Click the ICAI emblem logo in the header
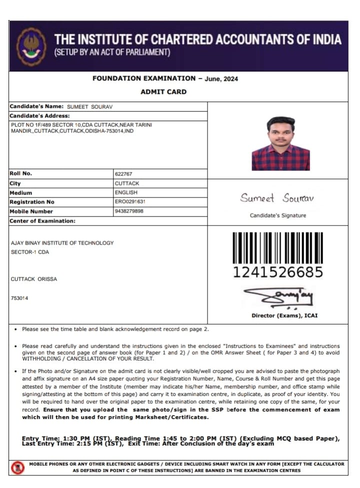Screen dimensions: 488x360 31,46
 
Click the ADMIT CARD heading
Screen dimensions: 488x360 163,92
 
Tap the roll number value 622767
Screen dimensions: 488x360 123,174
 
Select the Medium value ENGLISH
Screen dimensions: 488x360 126,192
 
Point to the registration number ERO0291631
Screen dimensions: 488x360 130,202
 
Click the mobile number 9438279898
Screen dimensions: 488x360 129,211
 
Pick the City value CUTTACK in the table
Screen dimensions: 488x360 127,183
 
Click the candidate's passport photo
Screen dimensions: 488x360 280,143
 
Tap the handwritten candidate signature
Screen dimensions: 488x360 277,198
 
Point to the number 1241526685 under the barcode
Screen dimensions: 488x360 278,272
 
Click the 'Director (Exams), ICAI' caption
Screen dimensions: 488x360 284,315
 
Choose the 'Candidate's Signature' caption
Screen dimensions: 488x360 278,215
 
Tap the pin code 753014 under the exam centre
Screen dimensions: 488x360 19,298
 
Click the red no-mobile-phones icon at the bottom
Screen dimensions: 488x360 17,468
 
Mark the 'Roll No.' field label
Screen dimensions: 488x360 20,174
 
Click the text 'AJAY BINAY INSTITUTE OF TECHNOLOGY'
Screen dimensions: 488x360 62,243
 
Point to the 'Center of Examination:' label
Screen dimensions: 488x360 42,221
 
